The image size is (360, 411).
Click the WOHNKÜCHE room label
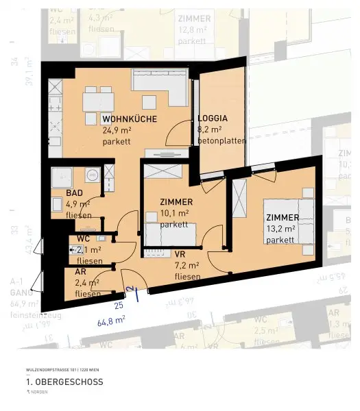130,119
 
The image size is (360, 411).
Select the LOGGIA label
212,118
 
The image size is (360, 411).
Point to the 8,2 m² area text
209,129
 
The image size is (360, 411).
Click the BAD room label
74,193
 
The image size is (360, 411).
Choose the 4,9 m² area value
77,204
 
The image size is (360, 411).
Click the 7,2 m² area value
187,265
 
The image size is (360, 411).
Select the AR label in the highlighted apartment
80,271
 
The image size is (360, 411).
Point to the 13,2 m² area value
281,229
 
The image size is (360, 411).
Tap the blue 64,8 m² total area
111,319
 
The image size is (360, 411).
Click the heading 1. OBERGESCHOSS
64,382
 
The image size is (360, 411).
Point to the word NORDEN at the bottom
34,393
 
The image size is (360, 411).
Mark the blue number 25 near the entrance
118,304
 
